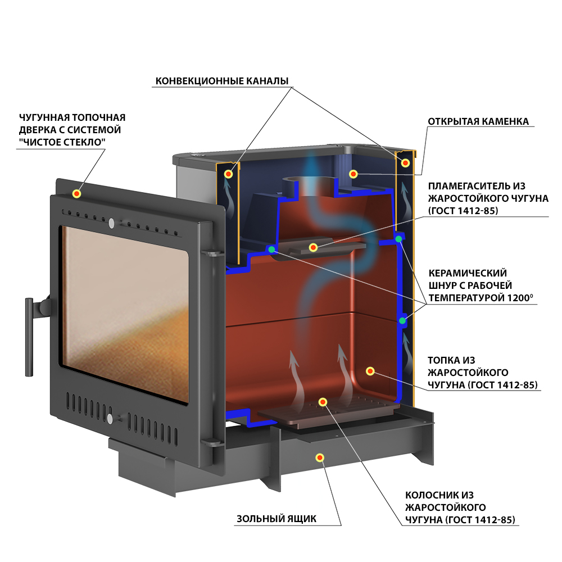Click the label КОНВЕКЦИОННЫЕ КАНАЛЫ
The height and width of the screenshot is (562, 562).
pos(222,81)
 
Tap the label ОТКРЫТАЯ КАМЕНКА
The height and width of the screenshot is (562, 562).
pos(478,121)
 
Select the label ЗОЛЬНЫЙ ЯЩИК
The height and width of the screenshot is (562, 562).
pos(277,519)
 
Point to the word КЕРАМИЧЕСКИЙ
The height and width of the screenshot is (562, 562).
pos(468,273)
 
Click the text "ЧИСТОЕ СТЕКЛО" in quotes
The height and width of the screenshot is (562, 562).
pos(62,142)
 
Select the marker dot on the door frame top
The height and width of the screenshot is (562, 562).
pos(76,194)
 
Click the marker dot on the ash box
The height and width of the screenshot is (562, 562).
pos(320,457)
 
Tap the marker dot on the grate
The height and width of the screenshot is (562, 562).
pos(323,402)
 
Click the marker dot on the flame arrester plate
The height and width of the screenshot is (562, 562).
pos(313,247)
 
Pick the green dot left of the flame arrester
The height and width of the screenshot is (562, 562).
pos(271,249)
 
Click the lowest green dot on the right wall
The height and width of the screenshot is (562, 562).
pos(402,320)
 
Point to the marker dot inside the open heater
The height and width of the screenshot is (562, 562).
pos(353,174)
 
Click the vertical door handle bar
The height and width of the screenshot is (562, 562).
pos(29,337)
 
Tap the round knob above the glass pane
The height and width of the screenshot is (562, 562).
pos(111,223)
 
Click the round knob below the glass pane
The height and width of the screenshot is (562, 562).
pos(110,419)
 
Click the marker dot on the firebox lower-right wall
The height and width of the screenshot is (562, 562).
pos(370,371)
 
